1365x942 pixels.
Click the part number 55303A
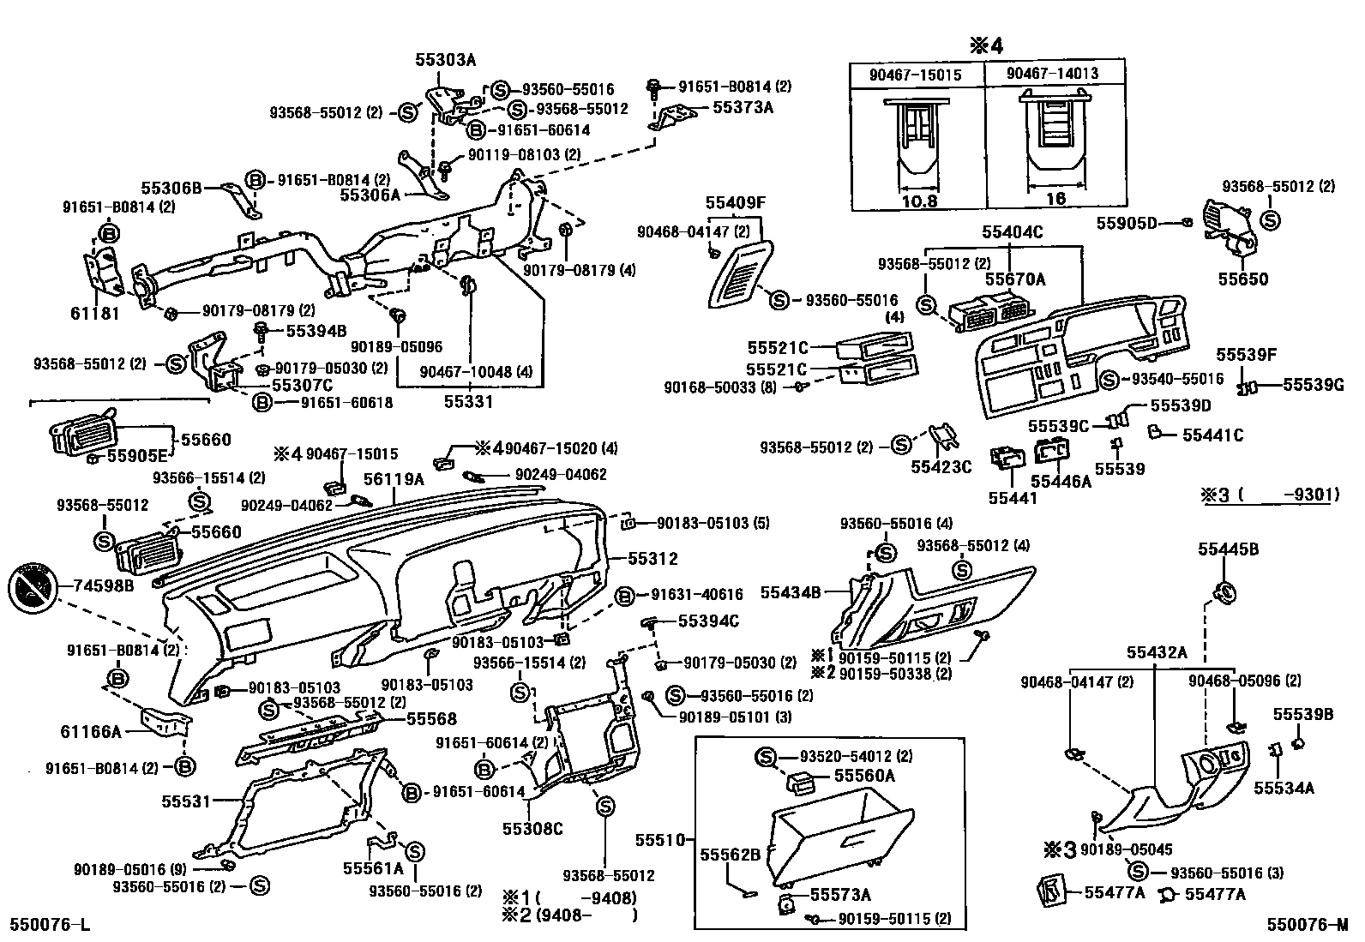pos(445,60)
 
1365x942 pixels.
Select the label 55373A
pos(743,107)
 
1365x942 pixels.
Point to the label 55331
pos(469,401)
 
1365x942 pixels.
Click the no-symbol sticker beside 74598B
pos(31,587)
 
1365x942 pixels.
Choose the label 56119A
pos(394,479)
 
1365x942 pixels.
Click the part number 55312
pos(652,559)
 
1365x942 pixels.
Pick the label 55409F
pos(735,203)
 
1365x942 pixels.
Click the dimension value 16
pos(1055,199)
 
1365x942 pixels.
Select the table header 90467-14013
pos(1053,75)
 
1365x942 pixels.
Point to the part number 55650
pos(1243,279)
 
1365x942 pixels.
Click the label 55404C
pos(1013,231)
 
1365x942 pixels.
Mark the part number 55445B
pos(1228,549)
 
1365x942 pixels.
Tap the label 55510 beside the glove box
pos(661,839)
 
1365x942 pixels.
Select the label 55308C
pos(532,829)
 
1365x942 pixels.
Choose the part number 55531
pos(186,801)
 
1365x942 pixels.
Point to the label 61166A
pos(91,731)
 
